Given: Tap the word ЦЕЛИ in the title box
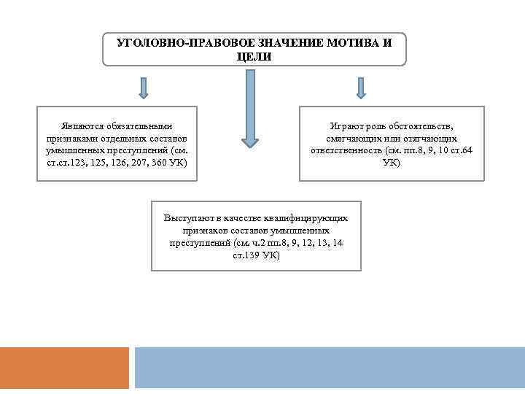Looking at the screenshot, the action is pyautogui.click(x=254, y=56).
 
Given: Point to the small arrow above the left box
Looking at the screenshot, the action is pyautogui.click(x=144, y=88).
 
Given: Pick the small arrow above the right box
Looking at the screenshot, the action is pyautogui.click(x=360, y=88).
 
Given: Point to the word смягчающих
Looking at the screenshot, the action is pyautogui.click(x=351, y=137).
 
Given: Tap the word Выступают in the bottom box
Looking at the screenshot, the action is pyautogui.click(x=188, y=217).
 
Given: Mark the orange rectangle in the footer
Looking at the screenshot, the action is pyautogui.click(x=64, y=367).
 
